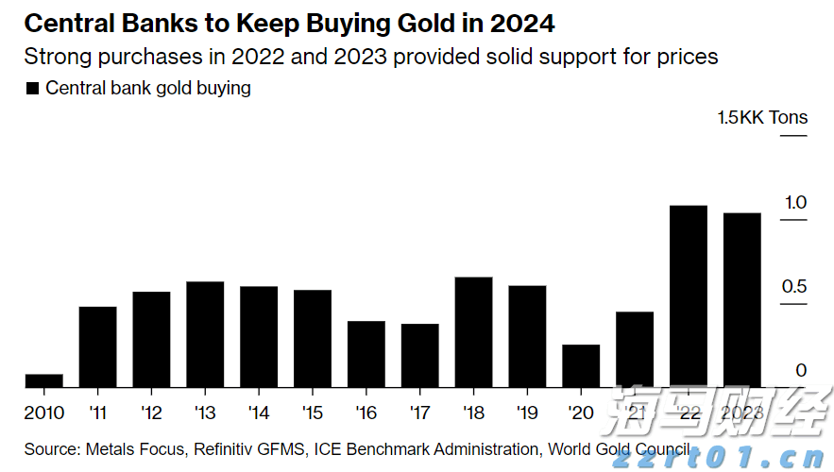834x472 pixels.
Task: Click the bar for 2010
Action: (x=44, y=380)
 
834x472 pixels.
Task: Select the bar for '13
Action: (x=205, y=334)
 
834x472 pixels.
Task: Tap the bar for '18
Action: (x=473, y=332)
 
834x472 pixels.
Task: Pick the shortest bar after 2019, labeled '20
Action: (x=581, y=365)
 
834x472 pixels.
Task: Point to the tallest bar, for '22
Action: (x=689, y=296)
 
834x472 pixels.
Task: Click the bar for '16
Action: (x=366, y=354)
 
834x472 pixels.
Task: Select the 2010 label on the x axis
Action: (x=44, y=413)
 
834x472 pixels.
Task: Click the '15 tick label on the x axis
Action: (x=313, y=413)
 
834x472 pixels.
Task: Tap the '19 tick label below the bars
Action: (x=527, y=413)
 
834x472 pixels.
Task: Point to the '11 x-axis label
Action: (x=97, y=413)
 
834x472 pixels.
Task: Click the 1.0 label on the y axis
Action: (x=795, y=203)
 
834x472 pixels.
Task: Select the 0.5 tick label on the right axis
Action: (x=795, y=287)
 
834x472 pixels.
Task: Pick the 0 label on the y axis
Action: (x=801, y=371)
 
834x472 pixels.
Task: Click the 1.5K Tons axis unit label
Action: (x=762, y=118)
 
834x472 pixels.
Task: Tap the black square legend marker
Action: (x=32, y=89)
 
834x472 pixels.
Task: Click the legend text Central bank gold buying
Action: (x=148, y=89)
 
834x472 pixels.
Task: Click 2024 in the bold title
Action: (x=519, y=22)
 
